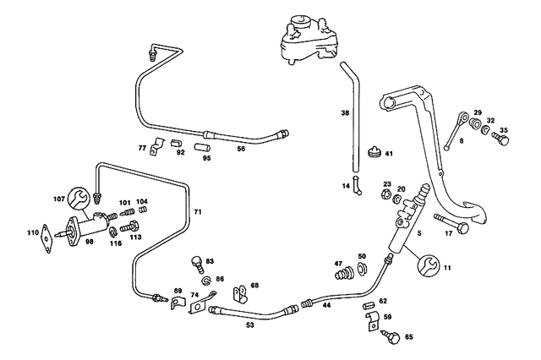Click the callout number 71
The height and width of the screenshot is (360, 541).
point(199,210)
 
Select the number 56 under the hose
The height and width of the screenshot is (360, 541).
point(241,148)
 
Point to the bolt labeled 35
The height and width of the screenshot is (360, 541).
point(500,139)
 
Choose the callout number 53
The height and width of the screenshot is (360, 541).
point(249,325)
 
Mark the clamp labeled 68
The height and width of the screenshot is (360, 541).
point(240,293)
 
